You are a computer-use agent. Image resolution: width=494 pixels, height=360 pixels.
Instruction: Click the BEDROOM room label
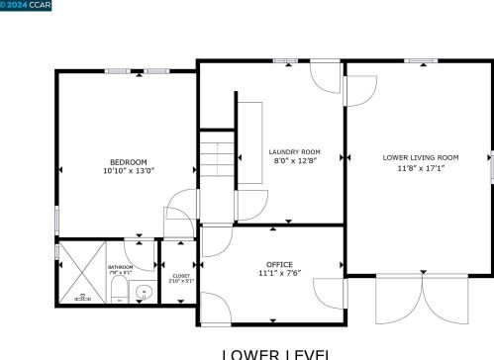pyautogui.click(x=129, y=162)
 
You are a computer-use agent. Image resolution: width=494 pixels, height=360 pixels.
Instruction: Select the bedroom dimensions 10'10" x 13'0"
pyautogui.click(x=129, y=171)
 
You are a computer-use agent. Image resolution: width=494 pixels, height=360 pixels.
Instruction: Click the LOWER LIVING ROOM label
pyautogui.click(x=421, y=157)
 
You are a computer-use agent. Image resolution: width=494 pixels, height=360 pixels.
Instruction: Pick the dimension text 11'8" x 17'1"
pyautogui.click(x=421, y=167)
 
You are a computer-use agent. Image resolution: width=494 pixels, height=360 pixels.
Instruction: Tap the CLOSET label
pyautogui.click(x=181, y=276)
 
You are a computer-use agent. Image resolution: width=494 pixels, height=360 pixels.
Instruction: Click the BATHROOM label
pyautogui.click(x=121, y=267)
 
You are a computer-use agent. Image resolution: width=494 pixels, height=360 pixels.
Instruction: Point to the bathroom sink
pyautogui.click(x=143, y=292)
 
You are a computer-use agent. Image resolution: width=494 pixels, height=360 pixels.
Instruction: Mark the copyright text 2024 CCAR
pyautogui.click(x=29, y=6)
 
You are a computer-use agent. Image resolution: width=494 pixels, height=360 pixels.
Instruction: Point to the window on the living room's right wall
pyautogui.click(x=489, y=166)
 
